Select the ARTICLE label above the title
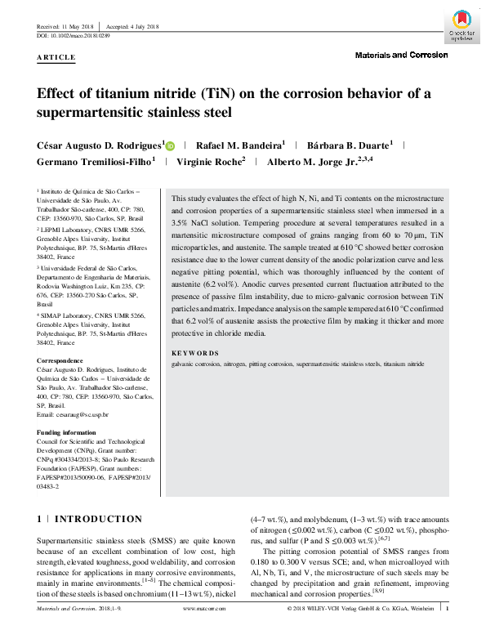56,58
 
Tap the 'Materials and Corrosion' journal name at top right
402,56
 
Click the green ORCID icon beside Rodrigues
170,145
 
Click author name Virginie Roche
210,161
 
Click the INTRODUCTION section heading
98,519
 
